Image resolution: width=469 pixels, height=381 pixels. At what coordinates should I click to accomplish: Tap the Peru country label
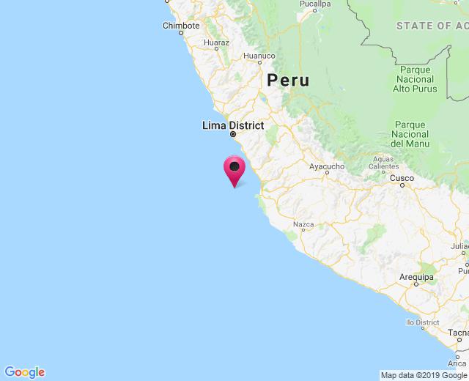[288, 81]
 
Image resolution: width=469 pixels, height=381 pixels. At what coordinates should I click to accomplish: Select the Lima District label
[233, 125]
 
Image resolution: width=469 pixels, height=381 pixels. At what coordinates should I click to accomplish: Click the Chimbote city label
[181, 26]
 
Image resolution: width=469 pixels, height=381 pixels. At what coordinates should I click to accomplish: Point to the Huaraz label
[217, 42]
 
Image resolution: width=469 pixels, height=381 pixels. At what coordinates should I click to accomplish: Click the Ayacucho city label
[327, 166]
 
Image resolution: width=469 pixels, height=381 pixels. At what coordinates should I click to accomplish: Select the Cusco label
[402, 178]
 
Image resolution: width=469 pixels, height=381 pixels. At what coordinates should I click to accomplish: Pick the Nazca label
[303, 224]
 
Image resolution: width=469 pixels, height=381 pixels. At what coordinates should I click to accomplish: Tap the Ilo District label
[422, 322]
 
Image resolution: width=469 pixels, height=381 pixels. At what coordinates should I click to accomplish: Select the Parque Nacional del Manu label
[409, 134]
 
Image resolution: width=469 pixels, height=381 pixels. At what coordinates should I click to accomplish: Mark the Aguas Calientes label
[383, 163]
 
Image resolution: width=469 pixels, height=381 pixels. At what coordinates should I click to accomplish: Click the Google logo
[24, 372]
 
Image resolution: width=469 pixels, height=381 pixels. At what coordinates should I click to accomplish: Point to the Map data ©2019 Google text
[424, 375]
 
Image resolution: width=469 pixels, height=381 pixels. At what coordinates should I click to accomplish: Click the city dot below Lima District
[233, 135]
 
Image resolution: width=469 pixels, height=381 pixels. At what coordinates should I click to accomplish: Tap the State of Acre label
[432, 26]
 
